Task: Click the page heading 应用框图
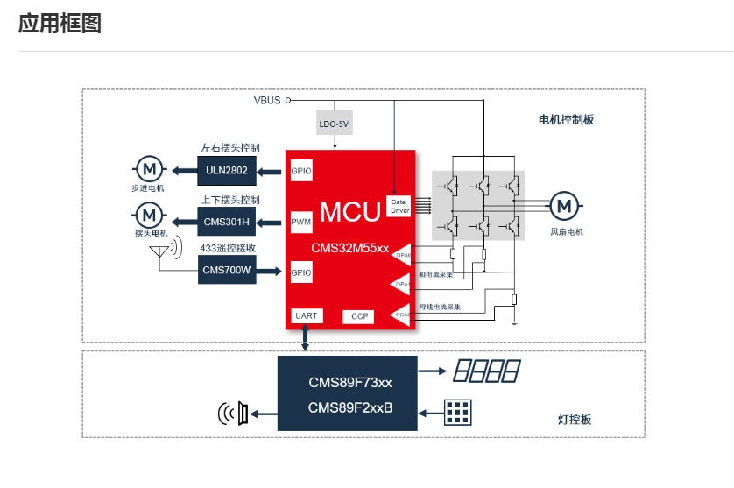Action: pos(60,24)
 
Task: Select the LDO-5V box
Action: pos(334,124)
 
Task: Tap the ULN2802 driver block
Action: pos(227,169)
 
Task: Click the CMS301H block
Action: pos(227,220)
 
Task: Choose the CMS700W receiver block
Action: pos(227,270)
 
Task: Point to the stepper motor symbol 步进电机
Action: pos(148,168)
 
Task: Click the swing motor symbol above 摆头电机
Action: pos(148,214)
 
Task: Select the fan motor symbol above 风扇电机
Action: pos(565,206)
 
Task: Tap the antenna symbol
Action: pos(159,251)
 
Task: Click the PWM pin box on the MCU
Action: pos(300,222)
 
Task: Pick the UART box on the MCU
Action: pos(306,315)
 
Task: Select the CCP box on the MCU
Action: pos(360,315)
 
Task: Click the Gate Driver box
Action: pos(399,206)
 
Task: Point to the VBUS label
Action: pos(267,100)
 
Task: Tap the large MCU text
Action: pos(349,211)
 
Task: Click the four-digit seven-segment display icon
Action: pos(486,371)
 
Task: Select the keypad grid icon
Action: pos(456,410)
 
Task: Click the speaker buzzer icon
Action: pos(234,413)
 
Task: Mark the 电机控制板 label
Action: pos(566,120)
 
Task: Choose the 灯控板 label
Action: pos(575,420)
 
